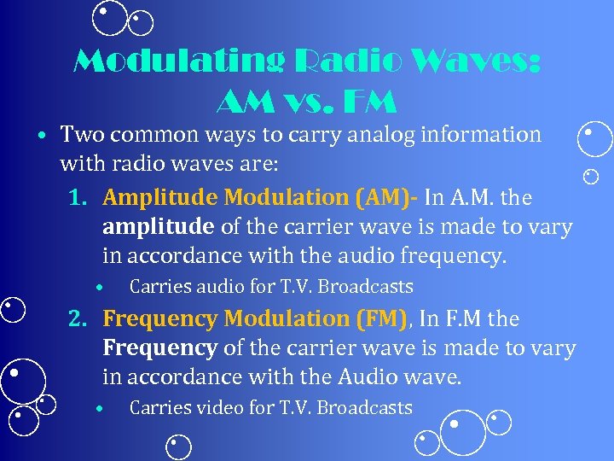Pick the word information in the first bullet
(489, 135)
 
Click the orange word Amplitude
(159, 198)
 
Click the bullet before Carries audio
(100, 288)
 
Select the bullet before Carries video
(100, 409)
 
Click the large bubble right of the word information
(595, 139)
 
